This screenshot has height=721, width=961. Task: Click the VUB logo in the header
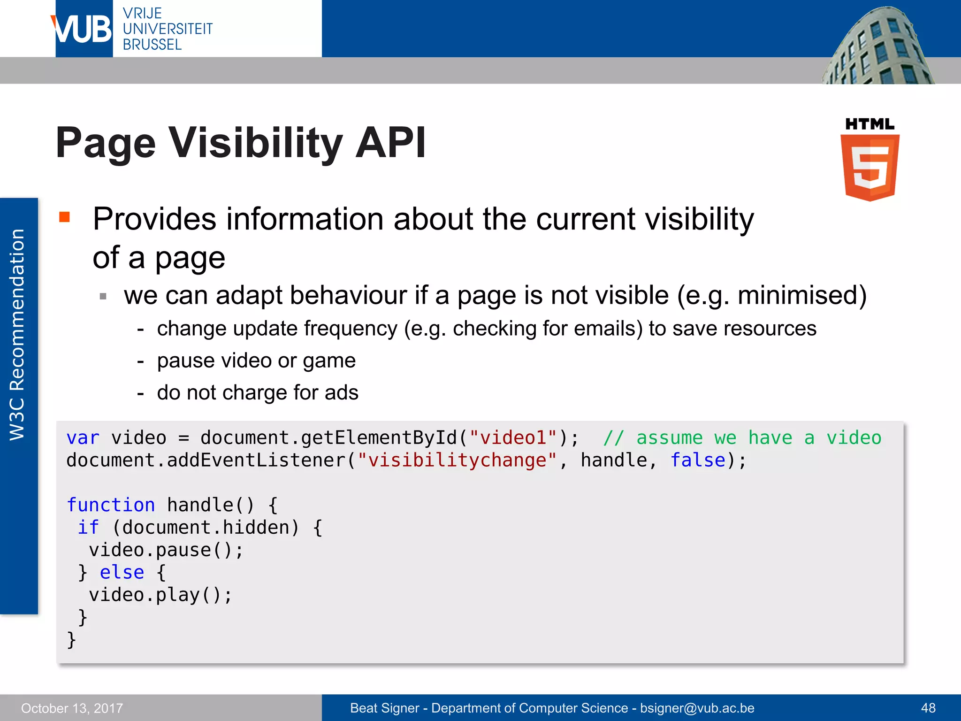click(84, 29)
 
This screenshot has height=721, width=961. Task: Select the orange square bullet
click(64, 217)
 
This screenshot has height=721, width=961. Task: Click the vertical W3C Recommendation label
click(17, 334)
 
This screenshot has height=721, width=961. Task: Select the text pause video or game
click(256, 360)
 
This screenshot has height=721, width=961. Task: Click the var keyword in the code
click(83, 437)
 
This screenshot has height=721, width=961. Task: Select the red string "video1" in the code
click(514, 437)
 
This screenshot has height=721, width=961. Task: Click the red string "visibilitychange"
click(457, 460)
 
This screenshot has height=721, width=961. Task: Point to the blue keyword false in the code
click(698, 460)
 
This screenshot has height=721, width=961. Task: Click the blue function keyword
click(111, 505)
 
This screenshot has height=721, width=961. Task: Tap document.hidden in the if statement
click(205, 528)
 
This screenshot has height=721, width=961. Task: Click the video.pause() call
click(166, 550)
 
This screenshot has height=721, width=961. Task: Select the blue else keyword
click(122, 573)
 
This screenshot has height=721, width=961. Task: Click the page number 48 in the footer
click(928, 708)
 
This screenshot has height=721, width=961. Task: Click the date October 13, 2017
click(72, 708)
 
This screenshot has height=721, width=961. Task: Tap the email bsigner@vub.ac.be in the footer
click(697, 708)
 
